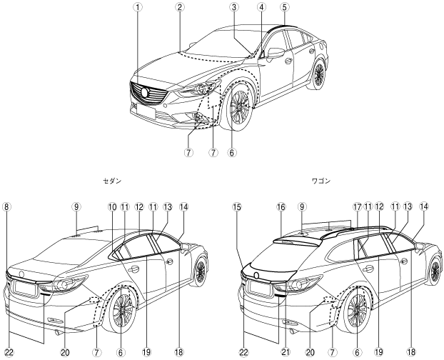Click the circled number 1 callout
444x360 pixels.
pos(140,7)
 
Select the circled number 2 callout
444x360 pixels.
pos(181,7)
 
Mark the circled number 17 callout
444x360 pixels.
pos(354,207)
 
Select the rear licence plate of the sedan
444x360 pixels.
pos(24,289)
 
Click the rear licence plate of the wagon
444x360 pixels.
pos(260,289)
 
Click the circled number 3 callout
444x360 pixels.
pos(233,7)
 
